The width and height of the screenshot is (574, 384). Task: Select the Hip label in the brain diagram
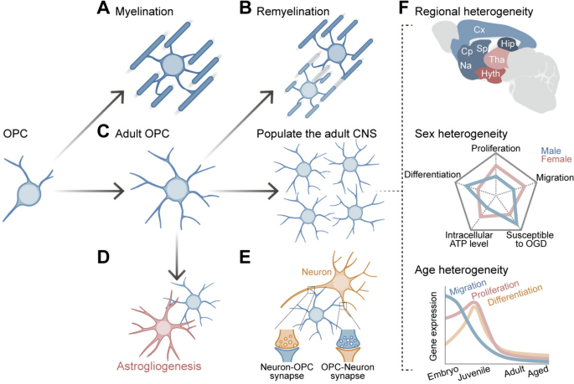coord(507,43)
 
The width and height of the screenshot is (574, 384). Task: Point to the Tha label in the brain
coord(497,59)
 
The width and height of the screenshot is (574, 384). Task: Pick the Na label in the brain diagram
coord(467,66)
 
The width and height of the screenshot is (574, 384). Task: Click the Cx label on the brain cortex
coord(479,30)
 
